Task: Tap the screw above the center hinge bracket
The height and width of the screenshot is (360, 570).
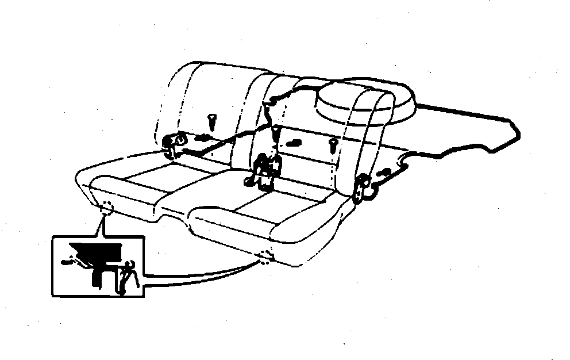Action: (x=276, y=133)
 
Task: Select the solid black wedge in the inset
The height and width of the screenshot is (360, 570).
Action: (x=94, y=251)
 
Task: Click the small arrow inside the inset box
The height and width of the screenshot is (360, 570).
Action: (x=68, y=262)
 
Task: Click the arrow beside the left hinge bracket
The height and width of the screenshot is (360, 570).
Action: (x=202, y=138)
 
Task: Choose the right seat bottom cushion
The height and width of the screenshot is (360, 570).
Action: (x=264, y=216)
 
